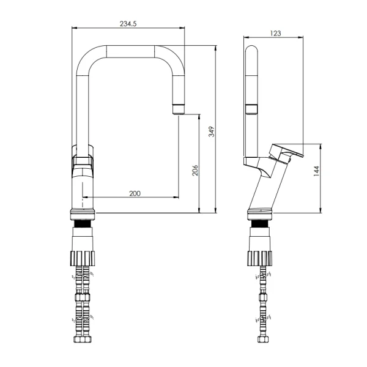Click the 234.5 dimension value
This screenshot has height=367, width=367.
tap(128, 24)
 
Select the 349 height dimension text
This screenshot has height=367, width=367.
tap(212, 132)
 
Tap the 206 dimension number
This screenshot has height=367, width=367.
tap(195, 170)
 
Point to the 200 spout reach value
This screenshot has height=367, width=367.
tap(135, 193)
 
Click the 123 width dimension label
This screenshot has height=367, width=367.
tap(275, 33)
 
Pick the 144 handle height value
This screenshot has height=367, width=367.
tap(316, 171)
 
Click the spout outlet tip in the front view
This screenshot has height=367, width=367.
tap(179, 109)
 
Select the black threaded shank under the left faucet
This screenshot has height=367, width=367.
tap(83, 224)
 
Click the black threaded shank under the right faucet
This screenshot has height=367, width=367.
tap(260, 224)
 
